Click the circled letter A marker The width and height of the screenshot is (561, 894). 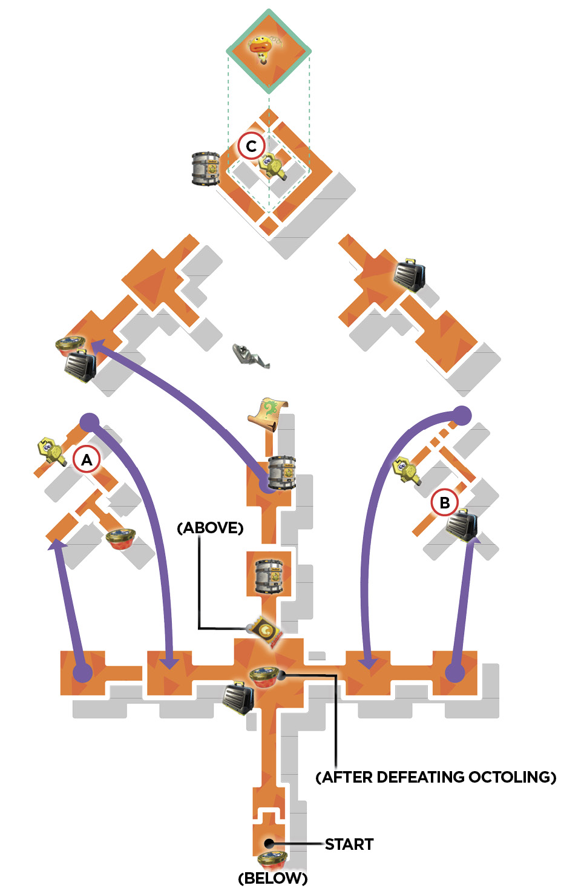pyautogui.click(x=87, y=459)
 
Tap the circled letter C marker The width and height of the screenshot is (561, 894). pyautogui.click(x=251, y=146)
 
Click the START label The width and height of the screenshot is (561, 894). pyautogui.click(x=349, y=844)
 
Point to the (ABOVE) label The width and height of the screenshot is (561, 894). pyautogui.click(x=210, y=528)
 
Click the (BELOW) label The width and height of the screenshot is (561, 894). pyautogui.click(x=273, y=878)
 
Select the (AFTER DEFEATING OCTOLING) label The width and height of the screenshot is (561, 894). pyautogui.click(x=436, y=777)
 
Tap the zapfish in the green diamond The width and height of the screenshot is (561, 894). pyautogui.click(x=263, y=48)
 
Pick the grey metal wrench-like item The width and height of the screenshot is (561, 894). pyautogui.click(x=251, y=355)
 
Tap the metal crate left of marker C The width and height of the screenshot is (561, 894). pyautogui.click(x=206, y=168)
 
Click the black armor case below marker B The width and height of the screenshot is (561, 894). pyautogui.click(x=462, y=525)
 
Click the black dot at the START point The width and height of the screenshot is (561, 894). pyautogui.click(x=269, y=843)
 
